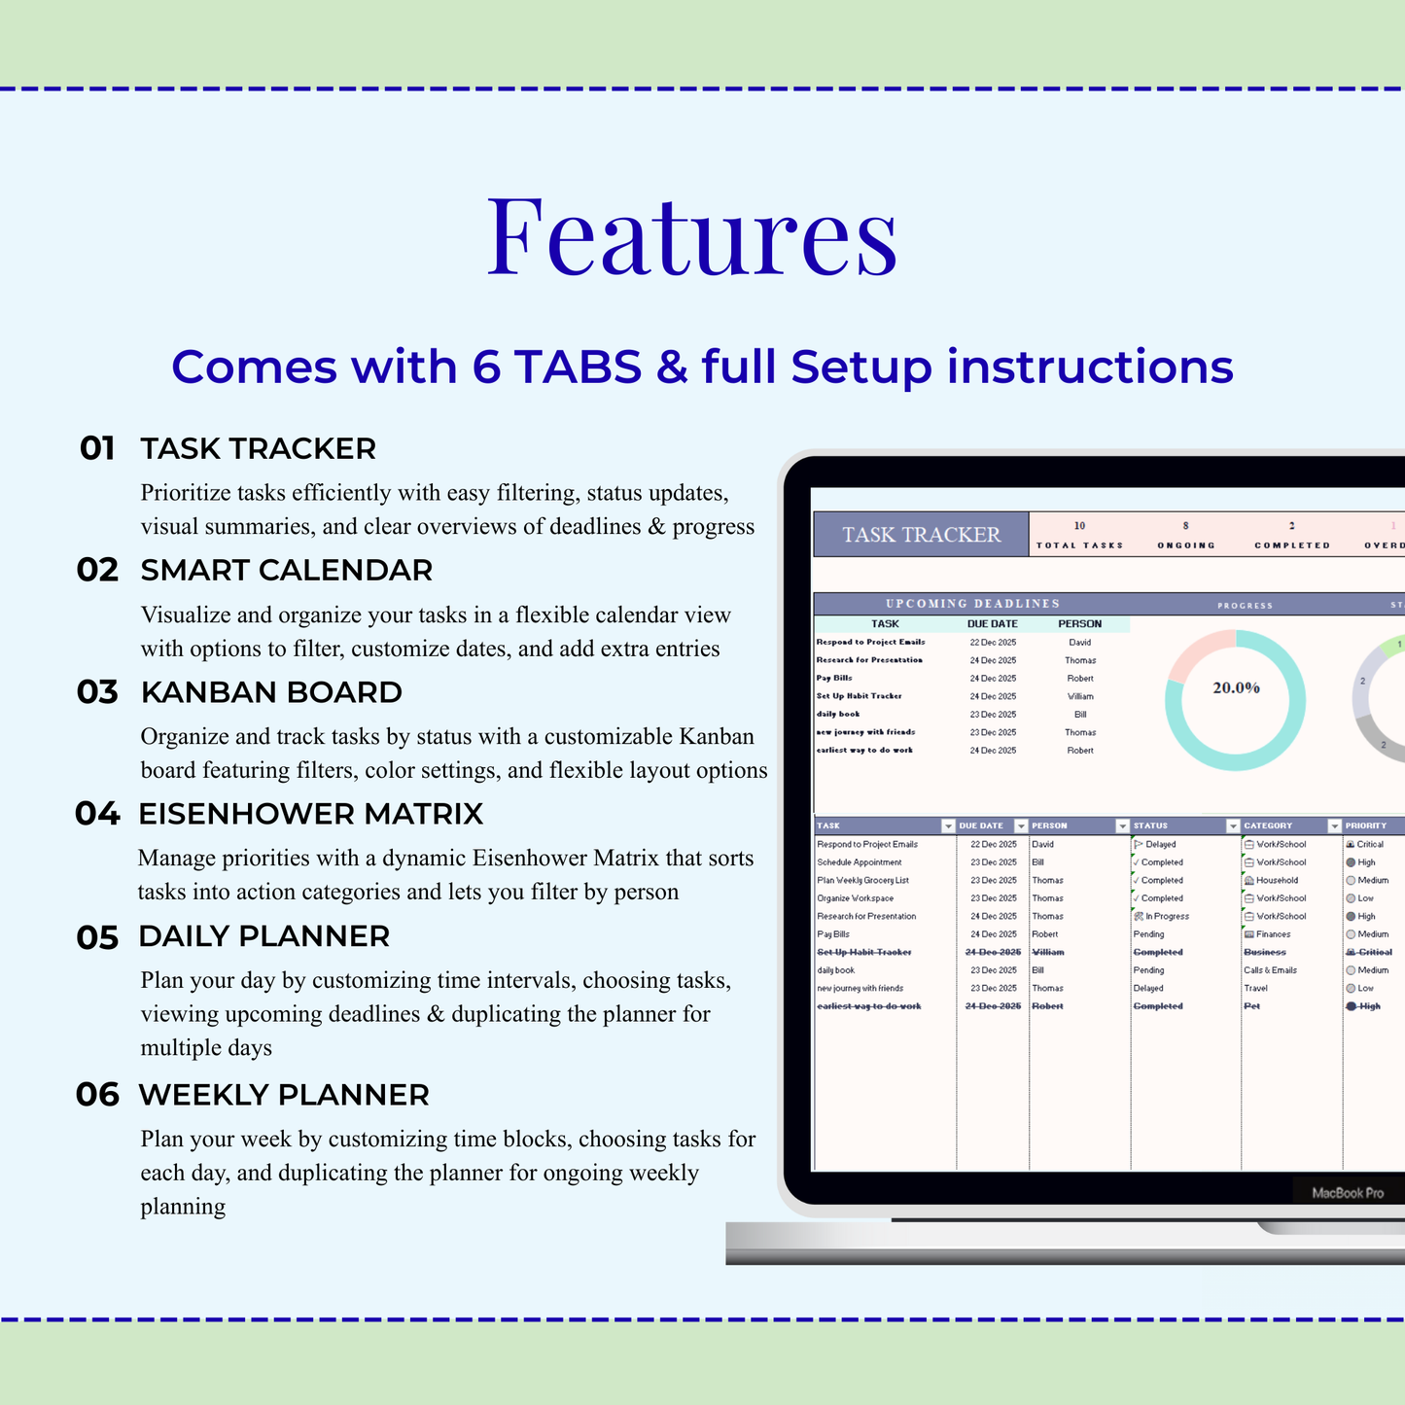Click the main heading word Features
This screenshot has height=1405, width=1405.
pyautogui.click(x=691, y=236)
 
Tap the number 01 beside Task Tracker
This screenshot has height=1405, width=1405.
pyautogui.click(x=97, y=448)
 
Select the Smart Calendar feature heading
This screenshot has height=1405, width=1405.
pyautogui.click(x=286, y=570)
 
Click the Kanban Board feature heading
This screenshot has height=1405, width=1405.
pyautogui.click(x=270, y=692)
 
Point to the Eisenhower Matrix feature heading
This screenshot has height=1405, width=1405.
pyautogui.click(x=310, y=814)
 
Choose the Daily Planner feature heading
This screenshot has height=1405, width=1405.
pyautogui.click(x=263, y=936)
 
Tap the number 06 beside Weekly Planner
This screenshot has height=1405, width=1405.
pyautogui.click(x=97, y=1095)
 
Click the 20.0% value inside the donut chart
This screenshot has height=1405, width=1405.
pyautogui.click(x=1236, y=687)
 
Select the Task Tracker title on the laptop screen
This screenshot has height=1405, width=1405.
pyautogui.click(x=921, y=535)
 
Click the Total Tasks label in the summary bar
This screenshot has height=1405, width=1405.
pyautogui.click(x=1079, y=545)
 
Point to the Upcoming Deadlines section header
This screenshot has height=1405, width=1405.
pyautogui.click(x=972, y=604)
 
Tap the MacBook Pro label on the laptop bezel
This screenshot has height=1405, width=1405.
pyautogui.click(x=1347, y=1193)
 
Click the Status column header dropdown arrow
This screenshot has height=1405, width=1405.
pyautogui.click(x=1233, y=825)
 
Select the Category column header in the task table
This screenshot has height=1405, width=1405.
pyautogui.click(x=1268, y=825)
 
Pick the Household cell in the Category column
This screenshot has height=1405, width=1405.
pyautogui.click(x=1277, y=880)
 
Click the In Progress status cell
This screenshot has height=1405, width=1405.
pyautogui.click(x=1166, y=916)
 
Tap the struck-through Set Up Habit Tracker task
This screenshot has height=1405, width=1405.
pyautogui.click(x=864, y=952)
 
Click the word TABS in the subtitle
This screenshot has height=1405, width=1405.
pyautogui.click(x=578, y=367)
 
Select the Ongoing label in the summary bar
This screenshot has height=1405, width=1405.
pyautogui.click(x=1185, y=545)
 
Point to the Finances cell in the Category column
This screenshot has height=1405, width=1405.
pyautogui.click(x=1273, y=934)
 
